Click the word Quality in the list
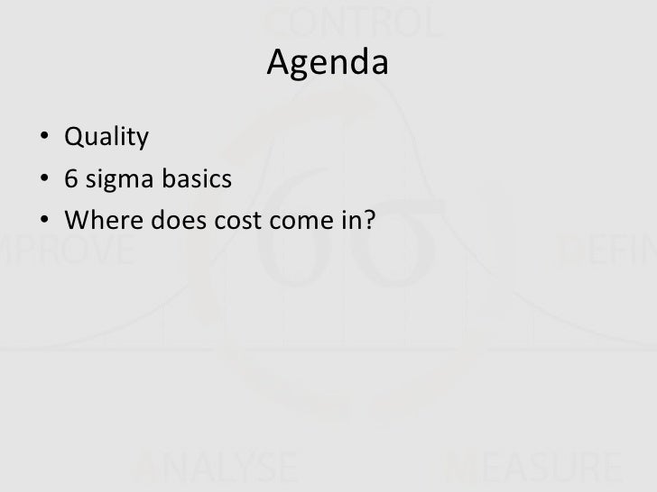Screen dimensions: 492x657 click(x=105, y=139)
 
